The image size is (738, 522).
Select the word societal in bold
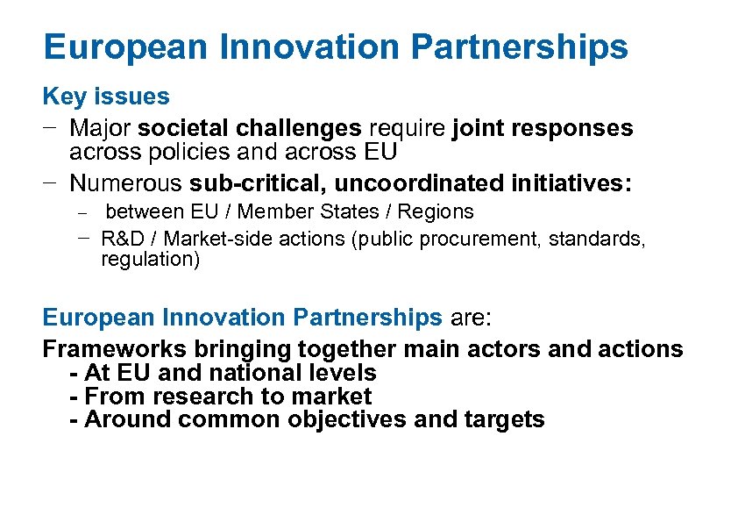[181, 128]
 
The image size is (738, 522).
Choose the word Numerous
[125, 183]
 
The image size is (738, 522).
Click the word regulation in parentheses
[145, 260]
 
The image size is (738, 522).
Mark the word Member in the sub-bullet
[271, 211]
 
